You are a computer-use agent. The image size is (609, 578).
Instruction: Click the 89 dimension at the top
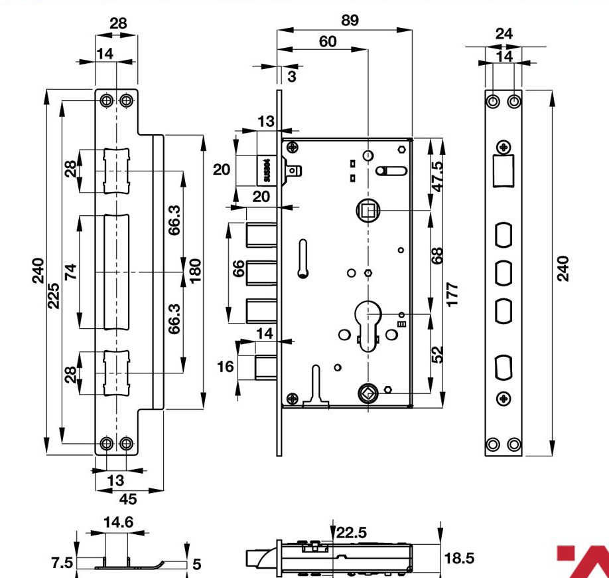(350, 20)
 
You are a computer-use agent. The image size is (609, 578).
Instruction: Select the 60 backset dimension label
(328, 42)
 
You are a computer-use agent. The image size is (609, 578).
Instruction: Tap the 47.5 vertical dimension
(437, 176)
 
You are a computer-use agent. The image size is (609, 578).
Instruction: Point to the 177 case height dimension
(452, 294)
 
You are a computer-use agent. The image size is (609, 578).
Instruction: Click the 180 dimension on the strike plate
(195, 270)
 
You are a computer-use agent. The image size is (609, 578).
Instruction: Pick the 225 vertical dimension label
(54, 296)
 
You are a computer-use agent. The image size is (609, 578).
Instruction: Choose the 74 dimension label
(71, 272)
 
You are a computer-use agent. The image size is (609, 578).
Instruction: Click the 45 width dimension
(128, 499)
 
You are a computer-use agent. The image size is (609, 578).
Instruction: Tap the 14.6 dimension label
(118, 522)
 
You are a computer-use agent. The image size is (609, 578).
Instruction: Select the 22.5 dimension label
(351, 533)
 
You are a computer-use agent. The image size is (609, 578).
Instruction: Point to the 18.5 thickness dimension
(458, 558)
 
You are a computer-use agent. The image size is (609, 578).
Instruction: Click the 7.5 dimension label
(62, 563)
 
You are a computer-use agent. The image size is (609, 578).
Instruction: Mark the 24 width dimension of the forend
(504, 34)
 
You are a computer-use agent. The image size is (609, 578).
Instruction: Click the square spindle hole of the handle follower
(368, 211)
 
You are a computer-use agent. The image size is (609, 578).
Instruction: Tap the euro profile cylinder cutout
(368, 325)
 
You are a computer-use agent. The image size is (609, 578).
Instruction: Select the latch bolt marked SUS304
(267, 170)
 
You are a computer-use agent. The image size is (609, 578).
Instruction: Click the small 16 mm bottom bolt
(265, 367)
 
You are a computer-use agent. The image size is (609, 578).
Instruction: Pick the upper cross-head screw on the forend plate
(504, 147)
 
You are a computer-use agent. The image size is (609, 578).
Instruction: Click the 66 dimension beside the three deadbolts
(238, 268)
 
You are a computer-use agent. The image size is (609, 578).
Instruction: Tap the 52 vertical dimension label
(437, 354)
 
